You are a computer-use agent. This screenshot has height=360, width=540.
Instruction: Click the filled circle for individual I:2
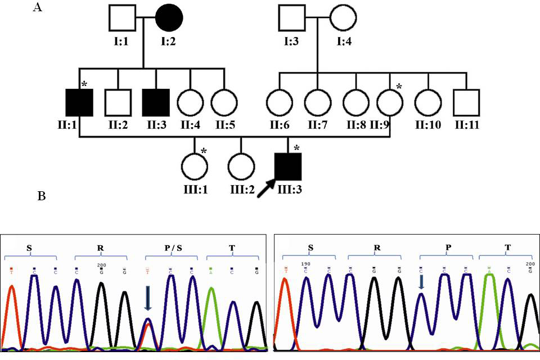(169, 18)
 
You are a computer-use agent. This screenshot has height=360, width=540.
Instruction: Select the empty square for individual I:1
(123, 18)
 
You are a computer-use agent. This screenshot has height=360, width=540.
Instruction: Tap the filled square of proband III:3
(289, 168)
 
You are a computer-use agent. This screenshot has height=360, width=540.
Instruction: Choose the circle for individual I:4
(343, 18)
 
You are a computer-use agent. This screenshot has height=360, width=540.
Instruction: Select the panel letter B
(41, 197)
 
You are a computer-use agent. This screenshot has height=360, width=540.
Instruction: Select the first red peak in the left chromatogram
(15, 315)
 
